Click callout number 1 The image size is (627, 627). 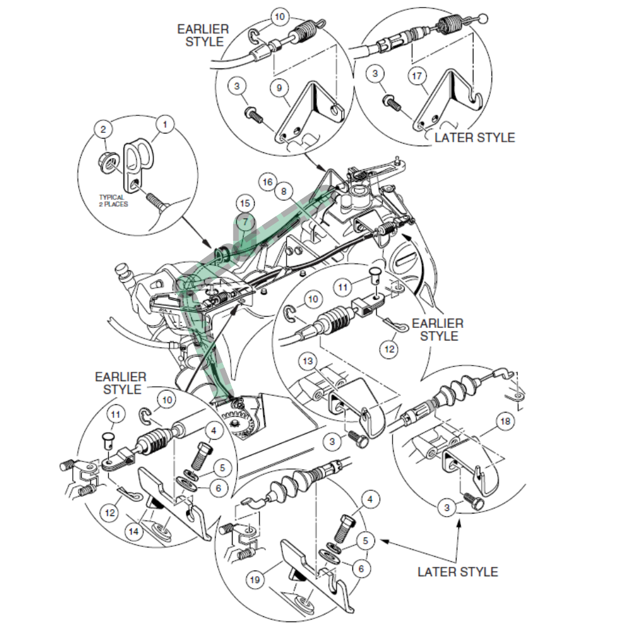165,125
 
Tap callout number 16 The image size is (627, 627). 268,182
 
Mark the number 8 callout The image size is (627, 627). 283,191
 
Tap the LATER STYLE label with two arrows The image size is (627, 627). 458,571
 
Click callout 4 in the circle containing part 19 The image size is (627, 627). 370,500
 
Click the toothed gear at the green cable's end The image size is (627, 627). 240,424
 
